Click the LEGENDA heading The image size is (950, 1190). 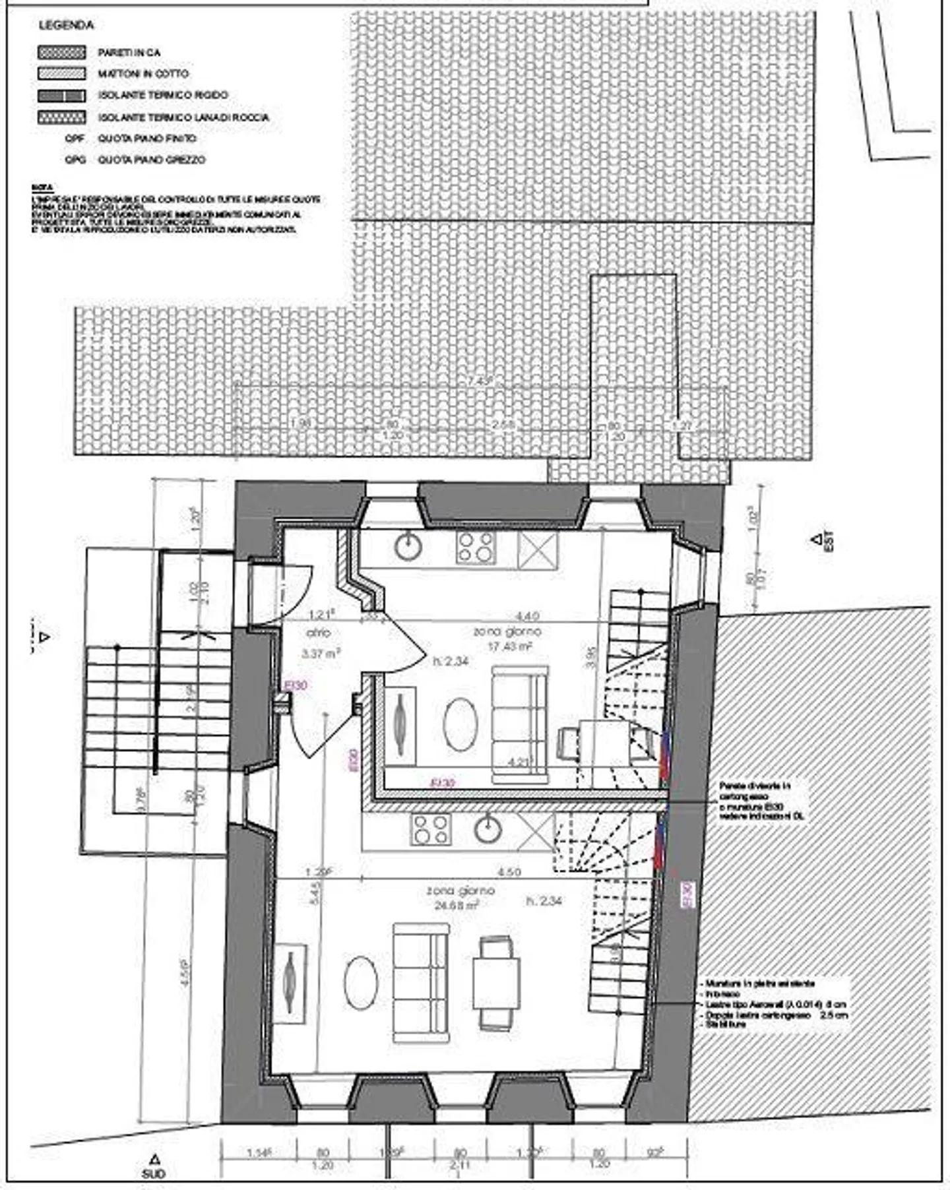point(66,26)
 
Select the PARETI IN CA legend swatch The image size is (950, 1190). point(62,52)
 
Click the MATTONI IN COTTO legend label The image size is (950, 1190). point(143,74)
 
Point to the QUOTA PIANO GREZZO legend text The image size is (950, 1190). point(151,160)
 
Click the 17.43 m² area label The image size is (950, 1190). point(509,647)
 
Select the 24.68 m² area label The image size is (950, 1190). point(455,906)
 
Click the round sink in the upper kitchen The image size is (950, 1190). point(408,546)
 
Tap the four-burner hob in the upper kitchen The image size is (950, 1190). point(476,547)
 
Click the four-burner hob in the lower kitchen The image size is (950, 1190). point(431,829)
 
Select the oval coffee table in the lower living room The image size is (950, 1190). point(361,984)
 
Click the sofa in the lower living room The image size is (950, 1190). point(421,983)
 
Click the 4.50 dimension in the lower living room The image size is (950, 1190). point(509,872)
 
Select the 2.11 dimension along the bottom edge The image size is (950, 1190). point(460,1166)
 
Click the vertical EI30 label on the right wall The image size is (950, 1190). point(687,895)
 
